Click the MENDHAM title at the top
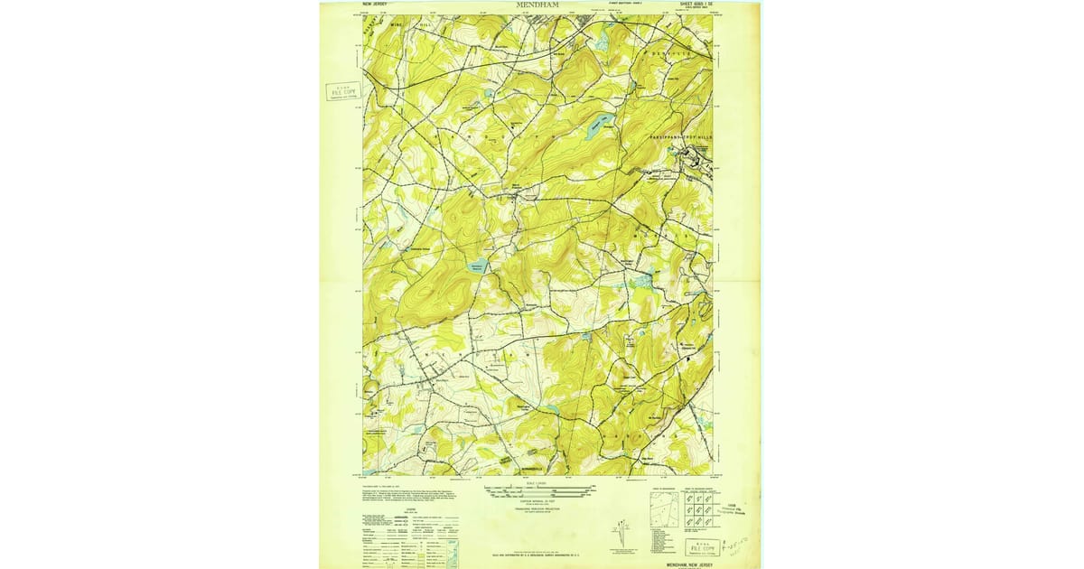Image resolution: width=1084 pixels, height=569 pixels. (537, 5)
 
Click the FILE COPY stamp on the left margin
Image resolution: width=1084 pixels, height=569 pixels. (344, 91)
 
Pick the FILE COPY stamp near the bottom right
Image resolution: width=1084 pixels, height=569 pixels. (703, 548)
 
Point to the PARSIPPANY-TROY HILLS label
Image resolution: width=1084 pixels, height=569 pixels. (681, 135)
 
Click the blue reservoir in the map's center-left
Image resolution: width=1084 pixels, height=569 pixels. (478, 266)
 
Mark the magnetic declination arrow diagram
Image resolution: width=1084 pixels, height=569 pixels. (622, 534)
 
